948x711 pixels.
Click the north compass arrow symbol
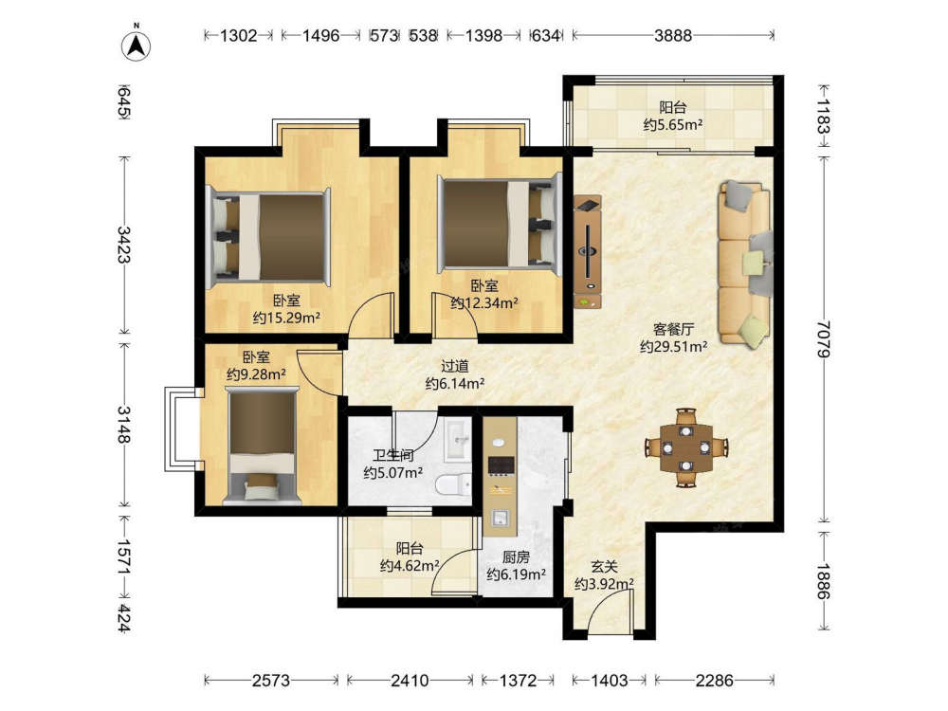(x=136, y=46)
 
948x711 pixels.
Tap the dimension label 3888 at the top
(x=672, y=36)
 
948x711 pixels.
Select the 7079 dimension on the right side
(x=823, y=339)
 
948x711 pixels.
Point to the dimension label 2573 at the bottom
(x=271, y=681)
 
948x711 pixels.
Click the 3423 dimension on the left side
(x=123, y=245)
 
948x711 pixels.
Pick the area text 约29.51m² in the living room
(x=673, y=346)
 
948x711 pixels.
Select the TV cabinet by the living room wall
(x=587, y=252)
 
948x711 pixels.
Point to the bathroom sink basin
(x=458, y=440)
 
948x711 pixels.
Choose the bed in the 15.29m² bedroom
(x=268, y=238)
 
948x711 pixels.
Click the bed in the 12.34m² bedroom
(x=500, y=224)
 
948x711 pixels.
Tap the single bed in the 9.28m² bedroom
(x=262, y=447)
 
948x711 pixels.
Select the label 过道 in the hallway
(x=455, y=366)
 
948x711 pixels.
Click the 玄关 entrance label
(x=604, y=567)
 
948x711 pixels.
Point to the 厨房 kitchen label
(x=516, y=556)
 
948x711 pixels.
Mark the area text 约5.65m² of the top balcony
(x=673, y=124)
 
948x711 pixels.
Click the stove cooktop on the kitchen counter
(x=501, y=465)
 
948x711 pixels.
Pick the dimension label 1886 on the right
(x=823, y=582)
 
